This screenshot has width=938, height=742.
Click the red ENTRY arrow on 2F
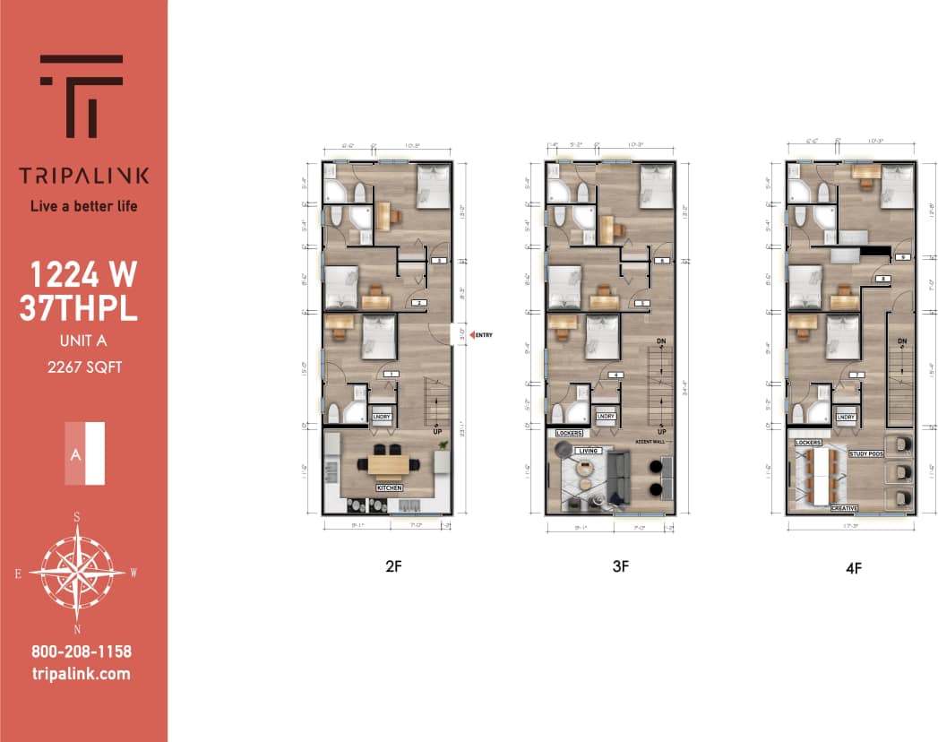[x=473, y=335]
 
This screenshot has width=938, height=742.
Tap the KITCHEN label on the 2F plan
[x=389, y=487]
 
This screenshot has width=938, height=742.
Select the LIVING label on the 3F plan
[x=587, y=451]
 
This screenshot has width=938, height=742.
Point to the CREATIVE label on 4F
[x=845, y=508]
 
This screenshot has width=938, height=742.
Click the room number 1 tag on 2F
[x=390, y=374]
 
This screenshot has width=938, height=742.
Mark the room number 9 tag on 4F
[x=903, y=257]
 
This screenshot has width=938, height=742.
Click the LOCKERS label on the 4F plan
[x=808, y=442]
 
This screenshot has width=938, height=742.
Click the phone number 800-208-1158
[x=81, y=651]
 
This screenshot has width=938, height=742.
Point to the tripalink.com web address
[x=81, y=674]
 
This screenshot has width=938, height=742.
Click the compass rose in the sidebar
[x=77, y=571]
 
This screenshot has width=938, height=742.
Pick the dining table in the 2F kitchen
[x=388, y=463]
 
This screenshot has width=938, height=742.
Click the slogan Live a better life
[x=84, y=206]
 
